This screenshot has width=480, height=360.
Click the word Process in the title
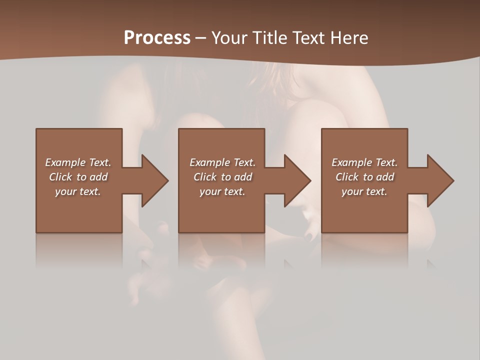click(157, 38)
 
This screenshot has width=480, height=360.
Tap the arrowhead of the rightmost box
click(440, 180)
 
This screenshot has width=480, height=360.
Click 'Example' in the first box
click(65, 162)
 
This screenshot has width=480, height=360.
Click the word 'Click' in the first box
click(61, 177)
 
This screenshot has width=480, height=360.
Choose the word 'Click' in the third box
click(347, 177)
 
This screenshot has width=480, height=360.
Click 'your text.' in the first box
click(78, 191)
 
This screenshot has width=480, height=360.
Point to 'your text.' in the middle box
click(222, 191)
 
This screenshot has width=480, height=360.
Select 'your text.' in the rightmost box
click(364, 191)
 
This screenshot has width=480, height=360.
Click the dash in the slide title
click(200, 38)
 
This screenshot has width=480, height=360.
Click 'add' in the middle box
click(242, 177)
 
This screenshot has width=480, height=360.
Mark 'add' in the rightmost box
click(384, 177)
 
